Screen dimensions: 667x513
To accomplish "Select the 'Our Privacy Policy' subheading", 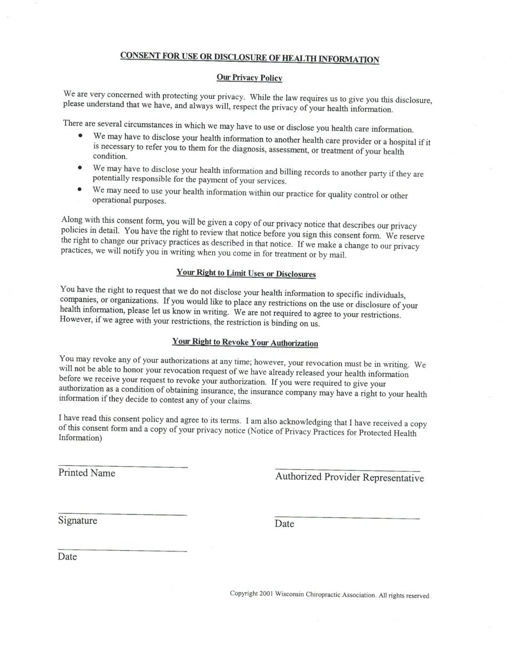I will click(x=249, y=78).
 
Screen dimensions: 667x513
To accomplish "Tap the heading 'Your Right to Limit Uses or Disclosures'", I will click(x=246, y=273).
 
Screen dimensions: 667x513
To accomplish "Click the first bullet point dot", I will click(x=81, y=136).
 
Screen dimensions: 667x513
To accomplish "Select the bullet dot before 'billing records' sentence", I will click(x=81, y=167).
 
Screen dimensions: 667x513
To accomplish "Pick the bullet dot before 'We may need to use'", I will click(x=81, y=189).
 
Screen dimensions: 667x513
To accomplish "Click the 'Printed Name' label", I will click(x=87, y=473).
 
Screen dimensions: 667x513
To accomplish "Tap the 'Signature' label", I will click(x=77, y=521).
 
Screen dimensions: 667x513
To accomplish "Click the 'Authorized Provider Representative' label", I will click(x=349, y=477).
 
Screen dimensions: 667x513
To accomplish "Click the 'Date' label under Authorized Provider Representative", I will click(x=284, y=524).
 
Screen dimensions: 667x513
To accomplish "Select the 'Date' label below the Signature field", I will click(x=67, y=557).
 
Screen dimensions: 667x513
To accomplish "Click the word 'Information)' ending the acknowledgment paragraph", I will click(x=80, y=438).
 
